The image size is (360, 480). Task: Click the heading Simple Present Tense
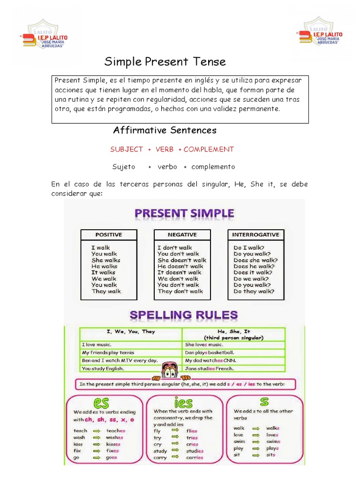click(x=165, y=61)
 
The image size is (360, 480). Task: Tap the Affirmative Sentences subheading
click(x=165, y=130)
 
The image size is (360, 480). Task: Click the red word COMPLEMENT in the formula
click(x=209, y=149)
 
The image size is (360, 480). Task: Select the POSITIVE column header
click(x=109, y=234)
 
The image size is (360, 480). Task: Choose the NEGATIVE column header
click(x=182, y=234)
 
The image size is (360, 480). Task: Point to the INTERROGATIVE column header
click(x=255, y=234)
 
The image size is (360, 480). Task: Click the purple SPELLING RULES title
click(x=183, y=315)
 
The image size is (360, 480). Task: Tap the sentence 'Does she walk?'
click(x=255, y=260)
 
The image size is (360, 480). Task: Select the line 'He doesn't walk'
click(x=180, y=266)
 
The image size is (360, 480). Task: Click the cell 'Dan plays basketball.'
click(x=210, y=352)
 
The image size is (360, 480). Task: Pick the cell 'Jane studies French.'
click(x=209, y=369)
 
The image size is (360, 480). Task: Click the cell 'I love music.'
click(x=96, y=345)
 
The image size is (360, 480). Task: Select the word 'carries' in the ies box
click(x=195, y=457)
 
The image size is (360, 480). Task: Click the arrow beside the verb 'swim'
click(x=257, y=442)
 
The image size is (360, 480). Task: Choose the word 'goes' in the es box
click(x=112, y=457)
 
